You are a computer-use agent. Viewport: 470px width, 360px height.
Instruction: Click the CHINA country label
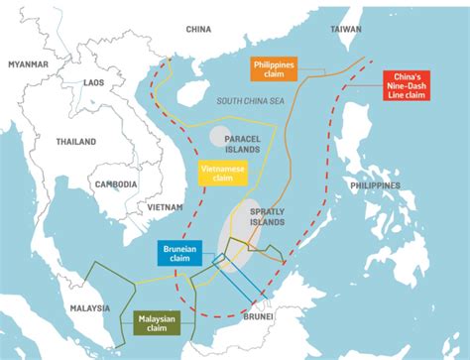point(199,30)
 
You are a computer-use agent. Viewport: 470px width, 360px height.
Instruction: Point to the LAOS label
point(94,83)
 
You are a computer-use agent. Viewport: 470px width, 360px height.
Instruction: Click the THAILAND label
point(76,142)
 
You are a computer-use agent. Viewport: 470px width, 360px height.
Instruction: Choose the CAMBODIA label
point(117,185)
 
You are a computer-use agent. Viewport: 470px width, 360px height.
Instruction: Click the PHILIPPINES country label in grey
point(373,185)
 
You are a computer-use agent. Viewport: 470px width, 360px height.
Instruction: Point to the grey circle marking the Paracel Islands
point(220,136)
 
